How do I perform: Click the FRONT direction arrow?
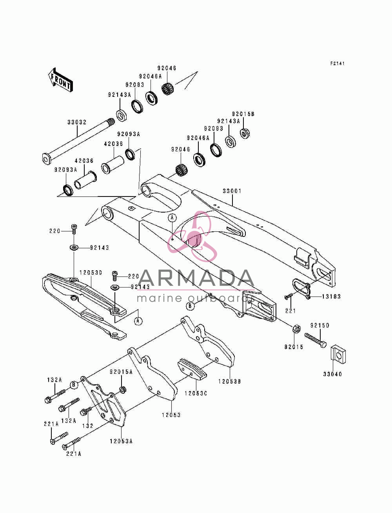click(60, 80)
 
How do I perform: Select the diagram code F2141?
click(338, 64)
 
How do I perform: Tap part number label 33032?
click(77, 122)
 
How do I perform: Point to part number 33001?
click(232, 191)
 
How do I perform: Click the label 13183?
click(331, 297)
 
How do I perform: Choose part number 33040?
click(332, 374)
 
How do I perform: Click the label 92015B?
click(243, 114)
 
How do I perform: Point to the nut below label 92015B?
click(244, 133)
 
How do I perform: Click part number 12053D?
click(91, 273)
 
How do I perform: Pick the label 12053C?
click(196, 393)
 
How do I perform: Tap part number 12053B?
click(229, 382)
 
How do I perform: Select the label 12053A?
click(121, 441)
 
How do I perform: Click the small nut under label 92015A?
click(123, 390)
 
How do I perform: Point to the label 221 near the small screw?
click(290, 311)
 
